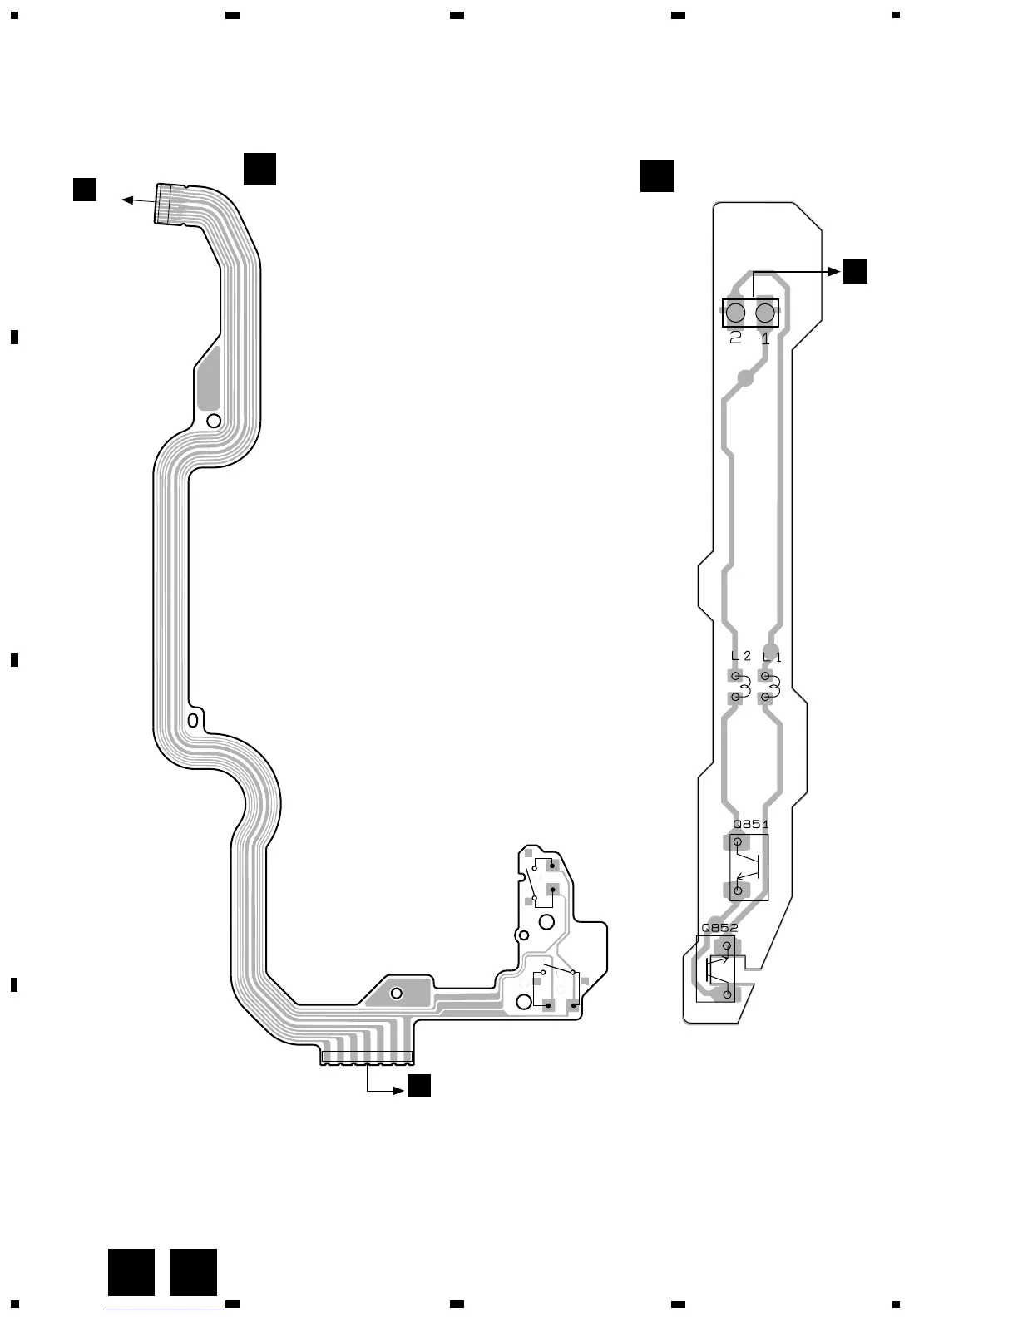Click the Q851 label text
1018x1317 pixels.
[x=750, y=825]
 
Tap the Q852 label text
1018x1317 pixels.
[x=719, y=928]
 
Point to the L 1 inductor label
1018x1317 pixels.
[x=772, y=657]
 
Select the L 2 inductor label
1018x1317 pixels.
[x=740, y=656]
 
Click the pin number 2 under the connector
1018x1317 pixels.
[x=735, y=338]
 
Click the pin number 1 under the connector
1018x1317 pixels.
[x=765, y=338]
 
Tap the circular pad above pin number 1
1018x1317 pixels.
[x=765, y=313]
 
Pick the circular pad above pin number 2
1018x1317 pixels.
[x=735, y=313]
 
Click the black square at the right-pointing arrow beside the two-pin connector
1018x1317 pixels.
[x=855, y=271]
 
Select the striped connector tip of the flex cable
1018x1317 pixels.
[x=166, y=203]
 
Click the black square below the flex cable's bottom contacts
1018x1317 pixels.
[x=419, y=1086]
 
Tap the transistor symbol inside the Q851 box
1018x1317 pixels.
[x=749, y=867]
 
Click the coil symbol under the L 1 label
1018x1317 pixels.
[x=772, y=687]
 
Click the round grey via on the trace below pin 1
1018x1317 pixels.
[x=746, y=378]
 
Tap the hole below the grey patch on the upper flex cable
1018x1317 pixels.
[x=214, y=421]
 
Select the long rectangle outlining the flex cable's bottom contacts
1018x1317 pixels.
[x=367, y=1057]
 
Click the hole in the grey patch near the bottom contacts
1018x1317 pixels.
[x=396, y=993]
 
